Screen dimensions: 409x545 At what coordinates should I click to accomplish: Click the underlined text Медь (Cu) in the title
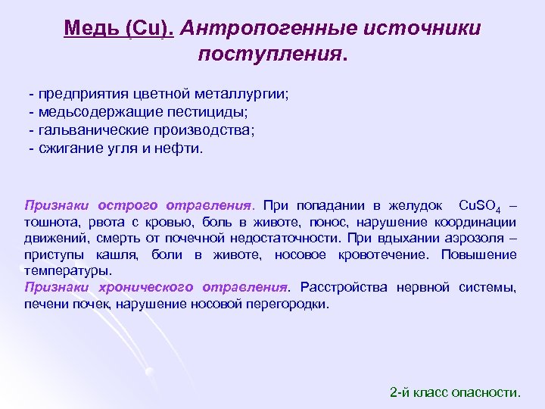point(120,29)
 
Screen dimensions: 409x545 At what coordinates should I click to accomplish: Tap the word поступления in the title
point(269,55)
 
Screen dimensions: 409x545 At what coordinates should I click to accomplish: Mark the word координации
point(475,222)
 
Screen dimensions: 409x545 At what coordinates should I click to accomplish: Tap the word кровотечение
point(381,255)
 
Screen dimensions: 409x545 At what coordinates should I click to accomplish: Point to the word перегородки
point(292,304)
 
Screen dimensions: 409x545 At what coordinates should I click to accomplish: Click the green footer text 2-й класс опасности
point(454,392)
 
